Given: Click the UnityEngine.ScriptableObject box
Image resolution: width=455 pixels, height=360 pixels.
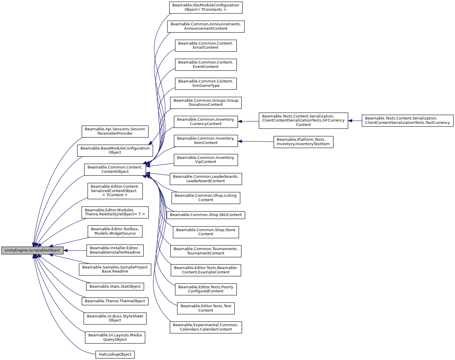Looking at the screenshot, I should (x=32, y=250).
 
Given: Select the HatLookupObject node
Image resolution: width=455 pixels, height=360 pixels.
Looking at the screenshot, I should (x=115, y=354).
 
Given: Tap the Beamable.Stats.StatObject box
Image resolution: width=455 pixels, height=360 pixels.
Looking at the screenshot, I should (x=115, y=287).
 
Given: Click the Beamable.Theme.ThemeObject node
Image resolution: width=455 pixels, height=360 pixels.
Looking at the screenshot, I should (x=115, y=301).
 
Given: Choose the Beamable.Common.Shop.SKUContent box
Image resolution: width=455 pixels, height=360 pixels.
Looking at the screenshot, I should (x=206, y=215).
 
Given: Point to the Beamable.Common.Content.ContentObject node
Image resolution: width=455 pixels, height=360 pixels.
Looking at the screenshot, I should (x=115, y=169).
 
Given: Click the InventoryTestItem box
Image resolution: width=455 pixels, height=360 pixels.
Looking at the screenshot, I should (x=303, y=142).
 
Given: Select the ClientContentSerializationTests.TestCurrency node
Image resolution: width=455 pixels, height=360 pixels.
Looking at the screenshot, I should (x=407, y=120).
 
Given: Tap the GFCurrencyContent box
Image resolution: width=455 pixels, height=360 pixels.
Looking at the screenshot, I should (x=303, y=120).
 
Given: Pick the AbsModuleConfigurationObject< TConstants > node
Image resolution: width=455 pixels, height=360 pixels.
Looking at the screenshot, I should (x=206, y=7).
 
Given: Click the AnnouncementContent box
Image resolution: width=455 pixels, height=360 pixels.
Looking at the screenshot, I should (x=206, y=26).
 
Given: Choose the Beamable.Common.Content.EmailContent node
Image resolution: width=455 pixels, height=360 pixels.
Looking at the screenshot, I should (x=206, y=45).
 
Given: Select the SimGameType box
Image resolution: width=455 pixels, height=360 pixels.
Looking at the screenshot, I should (x=206, y=83).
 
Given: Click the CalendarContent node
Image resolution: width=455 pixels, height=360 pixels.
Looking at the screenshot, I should (x=206, y=327).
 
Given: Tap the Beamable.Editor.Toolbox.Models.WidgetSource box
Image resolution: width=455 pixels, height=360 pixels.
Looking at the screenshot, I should (x=115, y=231).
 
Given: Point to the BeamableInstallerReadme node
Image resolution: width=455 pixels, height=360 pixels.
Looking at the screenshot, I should (x=115, y=250).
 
